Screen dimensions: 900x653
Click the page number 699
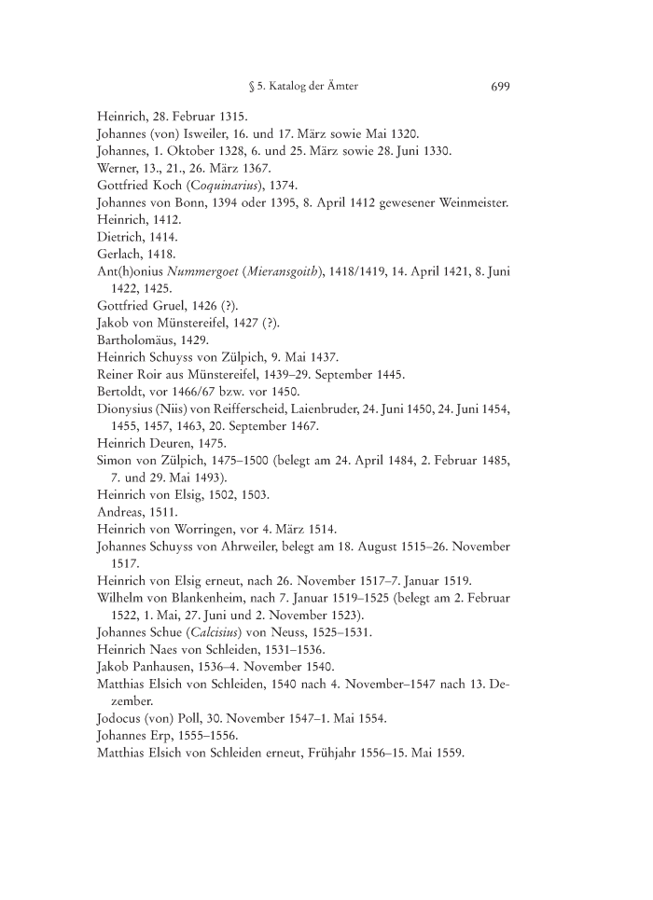click(x=498, y=87)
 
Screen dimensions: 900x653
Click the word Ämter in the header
click(x=340, y=87)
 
